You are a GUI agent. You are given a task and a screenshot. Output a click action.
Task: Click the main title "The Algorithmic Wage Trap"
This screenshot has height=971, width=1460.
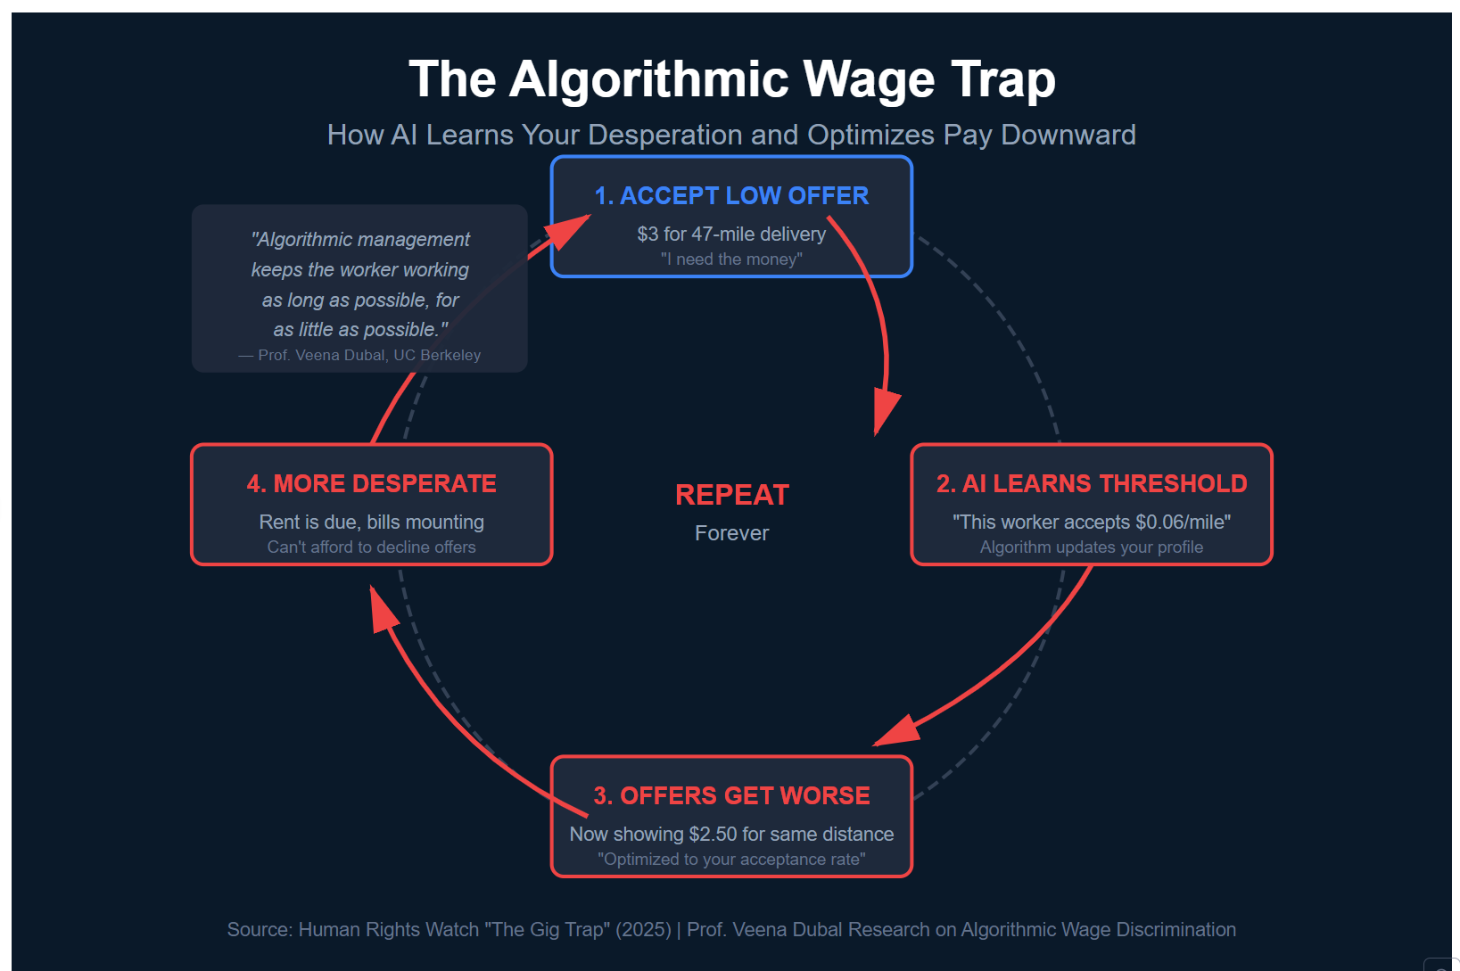coord(731,79)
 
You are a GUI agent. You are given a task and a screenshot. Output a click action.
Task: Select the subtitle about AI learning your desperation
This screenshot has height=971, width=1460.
coord(731,135)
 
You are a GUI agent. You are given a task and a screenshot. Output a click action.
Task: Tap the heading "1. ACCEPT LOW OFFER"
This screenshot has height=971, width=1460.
coord(731,196)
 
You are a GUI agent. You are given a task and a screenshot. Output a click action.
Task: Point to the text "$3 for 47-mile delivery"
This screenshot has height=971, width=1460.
coord(731,235)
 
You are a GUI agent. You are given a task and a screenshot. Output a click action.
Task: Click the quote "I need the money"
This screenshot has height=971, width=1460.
coord(731,259)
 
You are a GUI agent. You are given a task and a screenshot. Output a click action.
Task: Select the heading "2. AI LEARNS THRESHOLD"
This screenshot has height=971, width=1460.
coord(1092,483)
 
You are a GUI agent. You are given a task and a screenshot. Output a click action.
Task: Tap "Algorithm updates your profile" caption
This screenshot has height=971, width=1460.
coord(1092,547)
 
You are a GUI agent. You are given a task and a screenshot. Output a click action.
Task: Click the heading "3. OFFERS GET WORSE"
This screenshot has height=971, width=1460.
coord(731,795)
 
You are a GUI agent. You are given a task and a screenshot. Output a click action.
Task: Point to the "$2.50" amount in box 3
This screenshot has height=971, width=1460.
coord(713,835)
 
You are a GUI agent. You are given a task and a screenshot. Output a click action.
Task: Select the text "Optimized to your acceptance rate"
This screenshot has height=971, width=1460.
coord(731,860)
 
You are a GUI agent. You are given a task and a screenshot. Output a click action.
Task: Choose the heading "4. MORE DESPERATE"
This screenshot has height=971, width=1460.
coord(371,483)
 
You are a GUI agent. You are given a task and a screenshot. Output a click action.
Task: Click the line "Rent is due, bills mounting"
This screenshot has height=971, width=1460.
coord(371,523)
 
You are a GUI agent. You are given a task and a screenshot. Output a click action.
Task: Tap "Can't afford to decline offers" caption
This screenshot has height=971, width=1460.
coord(371,547)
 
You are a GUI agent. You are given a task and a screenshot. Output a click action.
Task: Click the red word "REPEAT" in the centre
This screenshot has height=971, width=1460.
coord(731,495)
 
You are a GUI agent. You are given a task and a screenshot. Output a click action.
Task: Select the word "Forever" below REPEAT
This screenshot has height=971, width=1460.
coord(731,533)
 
